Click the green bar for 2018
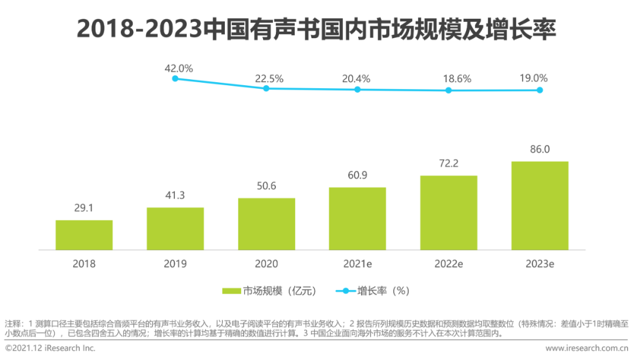(84, 235)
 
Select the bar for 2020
(267, 224)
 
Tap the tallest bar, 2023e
(539, 206)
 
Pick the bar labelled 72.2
(448, 213)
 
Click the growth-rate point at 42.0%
(175, 78)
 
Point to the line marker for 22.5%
(266, 88)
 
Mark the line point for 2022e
(448, 90)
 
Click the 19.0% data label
(533, 78)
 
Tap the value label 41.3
(175, 196)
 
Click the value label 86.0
(539, 150)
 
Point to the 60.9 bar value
(357, 176)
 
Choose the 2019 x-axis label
(175, 264)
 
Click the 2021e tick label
(357, 264)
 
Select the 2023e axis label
(539, 264)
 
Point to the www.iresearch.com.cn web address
(587, 348)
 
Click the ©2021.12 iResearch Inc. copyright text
(50, 348)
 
